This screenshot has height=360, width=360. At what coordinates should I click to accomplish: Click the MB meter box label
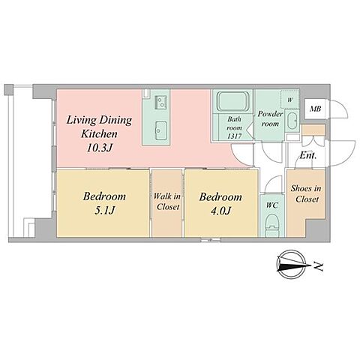coord(315,109)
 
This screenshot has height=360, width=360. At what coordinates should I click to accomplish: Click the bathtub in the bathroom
coord(232,101)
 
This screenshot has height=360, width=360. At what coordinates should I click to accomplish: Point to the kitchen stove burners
coord(160,102)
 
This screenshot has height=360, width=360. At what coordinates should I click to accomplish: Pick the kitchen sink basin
coord(160,130)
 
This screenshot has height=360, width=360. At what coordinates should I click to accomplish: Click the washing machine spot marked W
coord(289,100)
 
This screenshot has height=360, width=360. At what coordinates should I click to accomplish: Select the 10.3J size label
coord(99,148)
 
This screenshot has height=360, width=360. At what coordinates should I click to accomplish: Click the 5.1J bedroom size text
coord(104,210)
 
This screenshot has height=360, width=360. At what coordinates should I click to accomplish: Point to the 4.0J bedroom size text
coord(220,211)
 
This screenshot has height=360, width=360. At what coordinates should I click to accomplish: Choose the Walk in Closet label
coord(167,202)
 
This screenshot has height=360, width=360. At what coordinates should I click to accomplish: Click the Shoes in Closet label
coord(306,193)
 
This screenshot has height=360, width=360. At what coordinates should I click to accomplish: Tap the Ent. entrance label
coord(308,156)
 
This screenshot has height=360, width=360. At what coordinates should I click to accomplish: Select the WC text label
coord(272,205)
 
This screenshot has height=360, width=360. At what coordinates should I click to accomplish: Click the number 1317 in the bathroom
coord(234,136)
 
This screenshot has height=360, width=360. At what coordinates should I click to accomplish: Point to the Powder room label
coord(270,118)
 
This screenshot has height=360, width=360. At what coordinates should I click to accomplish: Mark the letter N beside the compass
coord(319,266)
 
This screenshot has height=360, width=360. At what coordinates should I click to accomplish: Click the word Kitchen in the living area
coord(99,134)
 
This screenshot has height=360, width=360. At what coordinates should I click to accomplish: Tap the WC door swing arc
coord(272,182)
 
